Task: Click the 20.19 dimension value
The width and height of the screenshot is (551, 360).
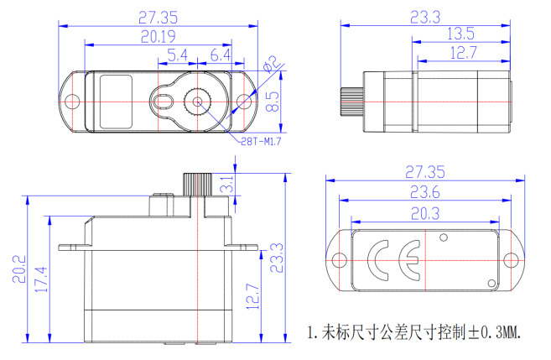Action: tap(158, 36)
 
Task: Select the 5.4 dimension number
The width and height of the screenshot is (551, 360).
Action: tap(178, 55)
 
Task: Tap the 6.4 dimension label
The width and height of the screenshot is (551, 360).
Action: tap(221, 55)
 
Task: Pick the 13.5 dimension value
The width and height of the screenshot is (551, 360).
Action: tap(460, 34)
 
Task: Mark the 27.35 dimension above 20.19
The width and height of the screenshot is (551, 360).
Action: tap(158, 17)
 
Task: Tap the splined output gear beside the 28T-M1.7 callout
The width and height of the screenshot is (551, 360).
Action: tap(199, 102)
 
